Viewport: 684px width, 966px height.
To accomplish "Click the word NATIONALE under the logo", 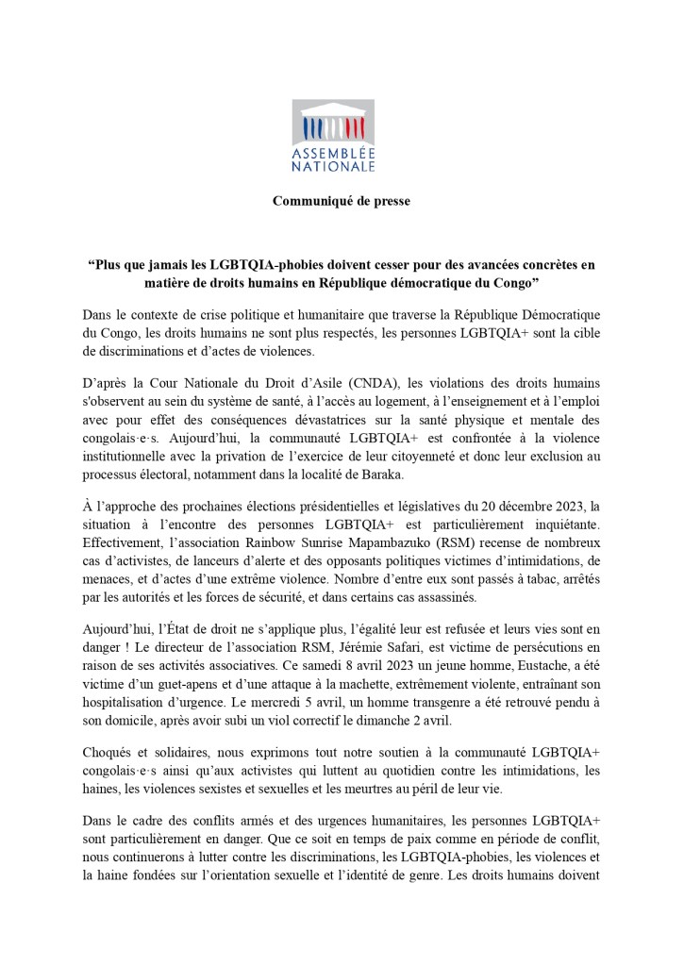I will tap(341, 166).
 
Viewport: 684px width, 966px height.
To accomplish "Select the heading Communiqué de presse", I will tap(342, 201).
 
